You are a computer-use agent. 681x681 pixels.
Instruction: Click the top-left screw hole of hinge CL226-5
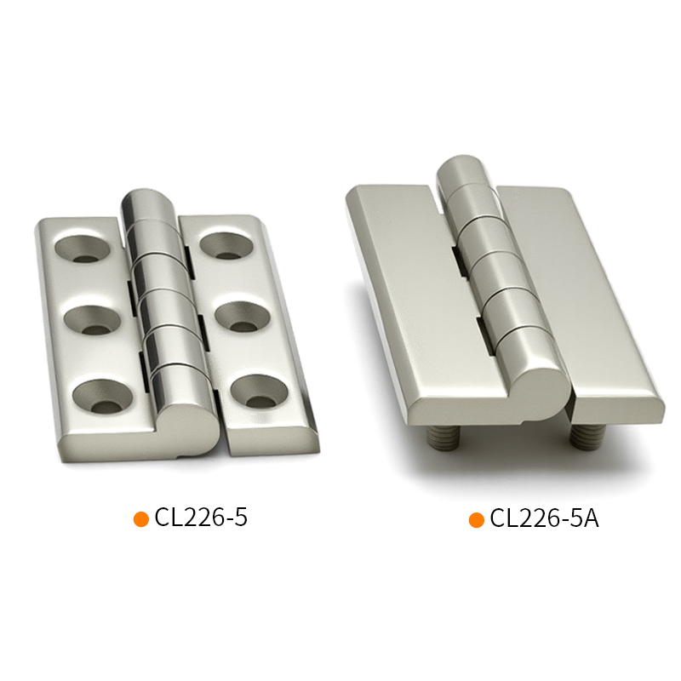[82, 249]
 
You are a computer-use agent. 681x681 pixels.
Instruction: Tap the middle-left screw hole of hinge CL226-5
[92, 320]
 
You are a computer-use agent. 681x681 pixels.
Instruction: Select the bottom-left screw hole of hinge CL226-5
[102, 396]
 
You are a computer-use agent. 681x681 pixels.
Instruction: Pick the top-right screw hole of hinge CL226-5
[226, 246]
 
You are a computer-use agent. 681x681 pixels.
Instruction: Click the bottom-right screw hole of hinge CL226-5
[260, 392]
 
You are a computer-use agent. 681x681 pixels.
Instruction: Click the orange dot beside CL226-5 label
[141, 519]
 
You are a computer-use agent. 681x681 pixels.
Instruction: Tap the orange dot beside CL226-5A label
[477, 520]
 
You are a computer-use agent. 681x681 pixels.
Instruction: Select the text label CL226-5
[201, 518]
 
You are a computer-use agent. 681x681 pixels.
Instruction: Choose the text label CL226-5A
[545, 518]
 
